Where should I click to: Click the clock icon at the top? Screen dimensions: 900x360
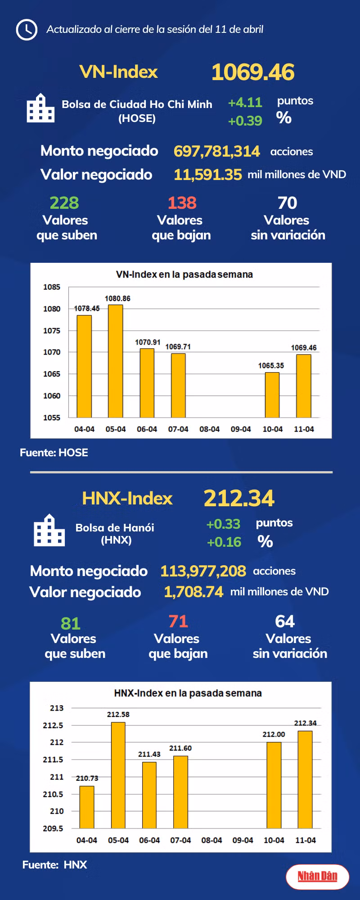click(x=27, y=30)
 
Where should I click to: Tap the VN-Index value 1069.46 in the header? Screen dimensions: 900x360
click(x=253, y=72)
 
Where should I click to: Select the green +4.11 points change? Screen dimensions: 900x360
click(x=245, y=103)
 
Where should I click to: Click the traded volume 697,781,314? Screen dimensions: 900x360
click(x=216, y=151)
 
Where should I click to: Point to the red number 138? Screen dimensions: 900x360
click(x=182, y=203)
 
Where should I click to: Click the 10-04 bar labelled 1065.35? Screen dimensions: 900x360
click(x=272, y=395)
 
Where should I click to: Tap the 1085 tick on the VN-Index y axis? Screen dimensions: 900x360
click(x=52, y=287)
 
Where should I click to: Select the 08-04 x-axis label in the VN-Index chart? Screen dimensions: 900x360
click(x=209, y=429)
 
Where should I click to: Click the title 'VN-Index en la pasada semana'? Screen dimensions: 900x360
click(x=184, y=274)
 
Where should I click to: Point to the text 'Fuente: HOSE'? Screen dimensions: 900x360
click(x=54, y=453)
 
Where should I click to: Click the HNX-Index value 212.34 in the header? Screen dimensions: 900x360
click(x=239, y=498)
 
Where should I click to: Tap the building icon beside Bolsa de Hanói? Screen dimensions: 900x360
click(x=49, y=531)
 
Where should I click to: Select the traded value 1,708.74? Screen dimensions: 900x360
click(x=193, y=592)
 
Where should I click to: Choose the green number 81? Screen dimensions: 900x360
click(x=71, y=623)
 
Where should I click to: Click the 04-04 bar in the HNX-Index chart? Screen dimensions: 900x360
click(x=87, y=807)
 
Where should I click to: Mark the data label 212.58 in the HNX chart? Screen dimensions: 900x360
click(x=118, y=715)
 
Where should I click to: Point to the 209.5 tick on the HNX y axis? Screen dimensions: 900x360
click(x=53, y=828)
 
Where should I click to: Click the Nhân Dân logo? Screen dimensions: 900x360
click(x=317, y=876)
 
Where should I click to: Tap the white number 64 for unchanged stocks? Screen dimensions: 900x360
click(x=285, y=621)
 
